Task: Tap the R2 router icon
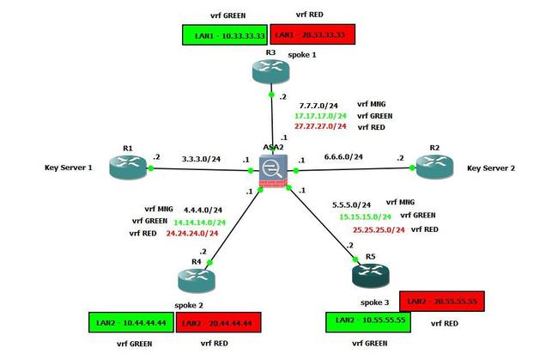point(434,167)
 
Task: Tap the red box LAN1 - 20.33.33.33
point(312,34)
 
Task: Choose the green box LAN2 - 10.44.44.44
point(131,323)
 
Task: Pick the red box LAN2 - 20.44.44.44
point(219,323)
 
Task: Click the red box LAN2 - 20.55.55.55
point(444,301)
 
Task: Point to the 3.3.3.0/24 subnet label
point(202,158)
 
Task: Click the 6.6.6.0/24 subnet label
point(342,157)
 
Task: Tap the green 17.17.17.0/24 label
point(320,115)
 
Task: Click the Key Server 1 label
point(68,168)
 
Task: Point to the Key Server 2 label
point(491,168)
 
